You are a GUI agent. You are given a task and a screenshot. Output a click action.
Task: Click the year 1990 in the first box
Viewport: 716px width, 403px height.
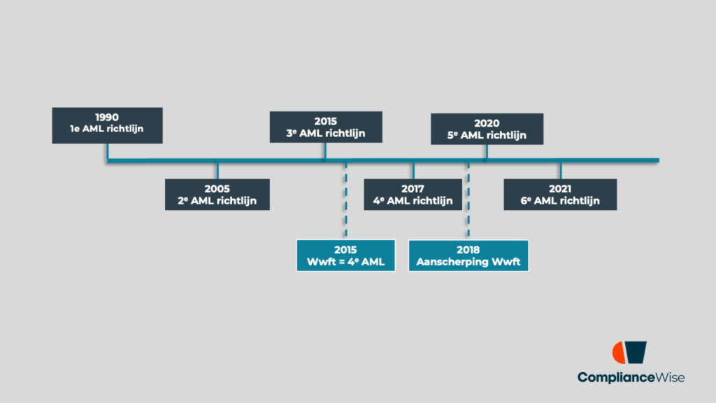[107, 117]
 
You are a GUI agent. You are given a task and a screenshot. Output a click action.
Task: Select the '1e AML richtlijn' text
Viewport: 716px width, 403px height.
[107, 129]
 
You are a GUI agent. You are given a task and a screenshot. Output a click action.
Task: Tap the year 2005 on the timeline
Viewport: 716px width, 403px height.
[217, 188]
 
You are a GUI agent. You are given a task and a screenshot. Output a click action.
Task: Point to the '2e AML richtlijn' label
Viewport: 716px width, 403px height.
[217, 201]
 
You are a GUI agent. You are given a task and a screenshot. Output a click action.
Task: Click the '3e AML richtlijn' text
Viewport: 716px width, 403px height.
[326, 134]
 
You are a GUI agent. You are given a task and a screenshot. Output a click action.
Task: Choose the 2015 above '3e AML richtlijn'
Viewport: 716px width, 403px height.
[326, 121]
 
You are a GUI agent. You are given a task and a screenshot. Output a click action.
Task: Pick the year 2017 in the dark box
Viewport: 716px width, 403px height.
[413, 188]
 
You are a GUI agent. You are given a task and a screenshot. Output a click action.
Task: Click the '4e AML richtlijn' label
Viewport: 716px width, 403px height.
[413, 201]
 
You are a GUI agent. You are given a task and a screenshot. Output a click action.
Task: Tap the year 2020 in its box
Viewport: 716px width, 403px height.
[487, 122]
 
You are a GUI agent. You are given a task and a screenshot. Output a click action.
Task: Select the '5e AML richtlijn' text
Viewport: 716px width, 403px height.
[487, 135]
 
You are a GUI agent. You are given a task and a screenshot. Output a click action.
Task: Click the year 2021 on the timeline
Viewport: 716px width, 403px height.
[560, 188]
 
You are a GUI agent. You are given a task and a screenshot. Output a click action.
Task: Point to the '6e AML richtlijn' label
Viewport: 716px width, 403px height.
[560, 201]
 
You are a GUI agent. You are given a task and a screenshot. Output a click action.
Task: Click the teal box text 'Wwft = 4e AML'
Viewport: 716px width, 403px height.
[345, 262]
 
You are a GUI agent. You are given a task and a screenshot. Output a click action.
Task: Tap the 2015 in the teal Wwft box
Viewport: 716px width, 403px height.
[345, 250]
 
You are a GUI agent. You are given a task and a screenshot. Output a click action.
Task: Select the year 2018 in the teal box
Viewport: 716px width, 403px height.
[468, 250]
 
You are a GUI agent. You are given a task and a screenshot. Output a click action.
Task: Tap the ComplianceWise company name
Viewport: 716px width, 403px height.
[631, 378]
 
